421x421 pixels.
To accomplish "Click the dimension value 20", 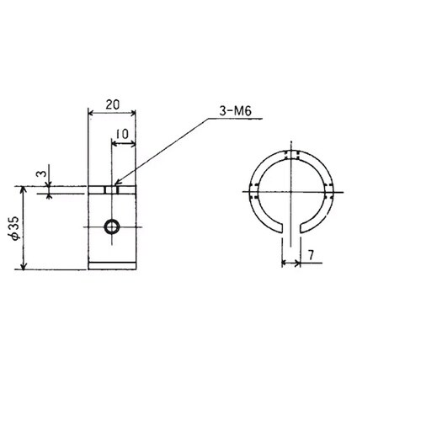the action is pos(113,104).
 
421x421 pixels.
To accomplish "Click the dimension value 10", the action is pos(122,134).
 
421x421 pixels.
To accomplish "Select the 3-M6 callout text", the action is pos(235,111).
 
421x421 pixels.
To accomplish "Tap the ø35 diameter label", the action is pos(15,228).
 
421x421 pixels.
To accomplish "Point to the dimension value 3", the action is pos(41,173).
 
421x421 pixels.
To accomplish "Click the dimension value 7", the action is pos(311,255).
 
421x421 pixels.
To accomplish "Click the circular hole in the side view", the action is pos(112,226).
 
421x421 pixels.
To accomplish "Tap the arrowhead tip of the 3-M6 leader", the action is pos(115,184).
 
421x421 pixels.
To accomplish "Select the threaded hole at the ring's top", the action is pos(291,155).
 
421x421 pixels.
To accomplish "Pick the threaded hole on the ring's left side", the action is pos(254,192).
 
